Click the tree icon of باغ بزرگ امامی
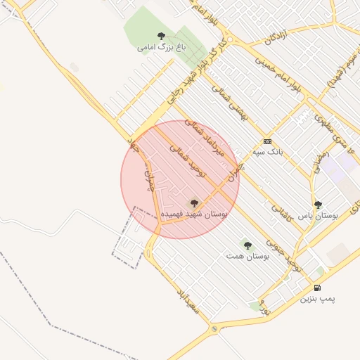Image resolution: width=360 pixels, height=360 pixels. coord(162,36)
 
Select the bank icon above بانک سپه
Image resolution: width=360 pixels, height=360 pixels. coord(267,141)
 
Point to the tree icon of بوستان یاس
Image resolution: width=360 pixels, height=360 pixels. coord(318,205)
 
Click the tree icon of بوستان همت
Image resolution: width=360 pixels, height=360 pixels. coord(247,245)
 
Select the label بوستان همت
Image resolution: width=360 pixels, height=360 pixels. coord(247,257)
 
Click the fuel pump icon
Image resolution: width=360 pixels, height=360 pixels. coord(318,288)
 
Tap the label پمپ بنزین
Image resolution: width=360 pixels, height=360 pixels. coord(319,300)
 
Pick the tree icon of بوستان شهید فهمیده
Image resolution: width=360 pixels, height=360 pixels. coord(195,203)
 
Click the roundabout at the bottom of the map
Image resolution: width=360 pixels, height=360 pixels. coord(214,328)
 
